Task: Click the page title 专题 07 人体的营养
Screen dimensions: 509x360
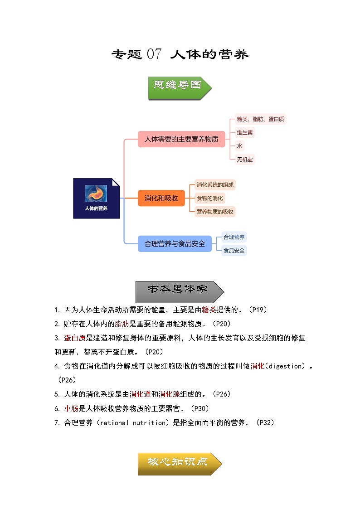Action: pos(180,54)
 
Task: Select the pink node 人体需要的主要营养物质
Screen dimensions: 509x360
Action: pos(181,139)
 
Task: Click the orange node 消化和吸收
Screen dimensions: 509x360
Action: pos(161,198)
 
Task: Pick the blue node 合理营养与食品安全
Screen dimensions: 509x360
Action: pos(175,243)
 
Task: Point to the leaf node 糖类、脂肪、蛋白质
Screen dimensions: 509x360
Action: pos(260,119)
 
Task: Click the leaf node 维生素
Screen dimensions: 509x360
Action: pos(245,132)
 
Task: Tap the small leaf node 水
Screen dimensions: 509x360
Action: pos(239,146)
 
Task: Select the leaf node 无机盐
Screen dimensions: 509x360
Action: pos(245,159)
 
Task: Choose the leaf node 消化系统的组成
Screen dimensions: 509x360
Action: pos(215,185)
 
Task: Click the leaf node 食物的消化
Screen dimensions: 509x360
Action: pos(209,198)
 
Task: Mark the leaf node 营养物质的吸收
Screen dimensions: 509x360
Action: pos(215,211)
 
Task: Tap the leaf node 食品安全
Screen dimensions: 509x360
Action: pos(234,250)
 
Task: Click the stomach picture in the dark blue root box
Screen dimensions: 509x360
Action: pos(97,192)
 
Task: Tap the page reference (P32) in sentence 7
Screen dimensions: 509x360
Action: pos(265,422)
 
